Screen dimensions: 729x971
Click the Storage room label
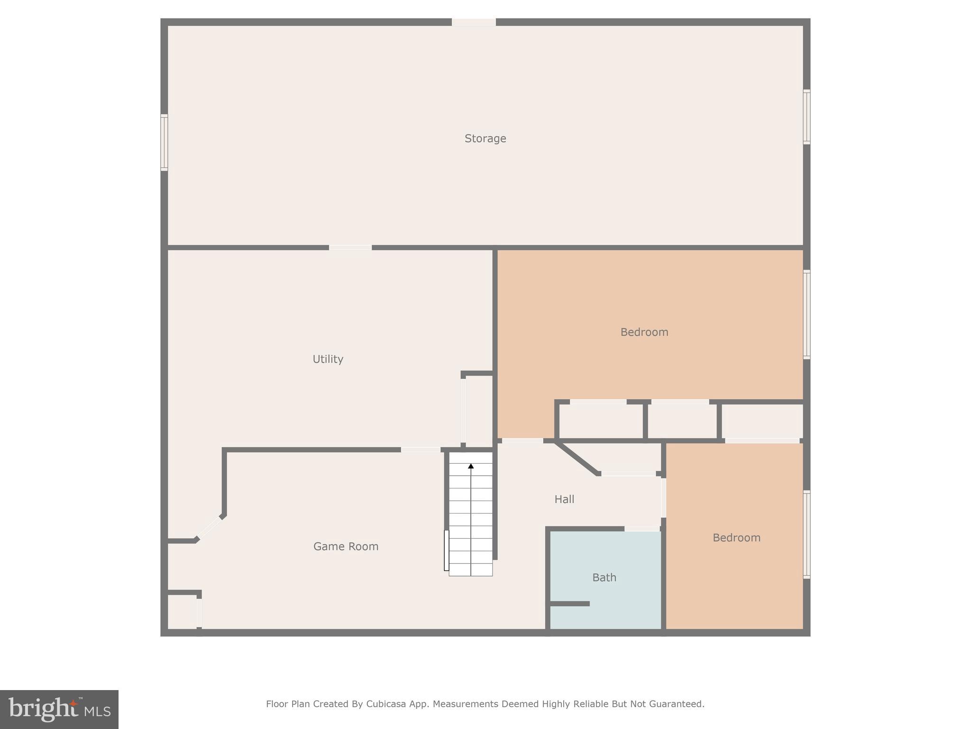pos(485,139)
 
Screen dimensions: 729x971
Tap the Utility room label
pos(328,359)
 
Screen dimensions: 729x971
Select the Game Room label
pos(346,547)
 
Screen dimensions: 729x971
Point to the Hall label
pos(564,499)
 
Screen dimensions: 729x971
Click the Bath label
pos(604,578)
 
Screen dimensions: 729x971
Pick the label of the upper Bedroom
pos(644,332)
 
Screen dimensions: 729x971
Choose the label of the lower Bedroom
pos(736,538)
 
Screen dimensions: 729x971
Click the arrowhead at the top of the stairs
pos(471,467)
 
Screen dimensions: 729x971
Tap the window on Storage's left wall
pos(164,142)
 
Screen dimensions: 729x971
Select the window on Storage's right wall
pos(806,117)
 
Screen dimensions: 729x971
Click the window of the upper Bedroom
pos(806,314)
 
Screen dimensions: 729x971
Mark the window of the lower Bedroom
pos(806,534)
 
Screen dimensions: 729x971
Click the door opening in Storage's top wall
pos(474,22)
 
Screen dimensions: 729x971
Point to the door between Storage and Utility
pos(350,247)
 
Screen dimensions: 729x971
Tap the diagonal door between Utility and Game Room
pos(209,528)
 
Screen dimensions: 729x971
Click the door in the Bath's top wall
pos(642,529)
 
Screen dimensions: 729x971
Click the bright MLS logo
pos(59,709)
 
